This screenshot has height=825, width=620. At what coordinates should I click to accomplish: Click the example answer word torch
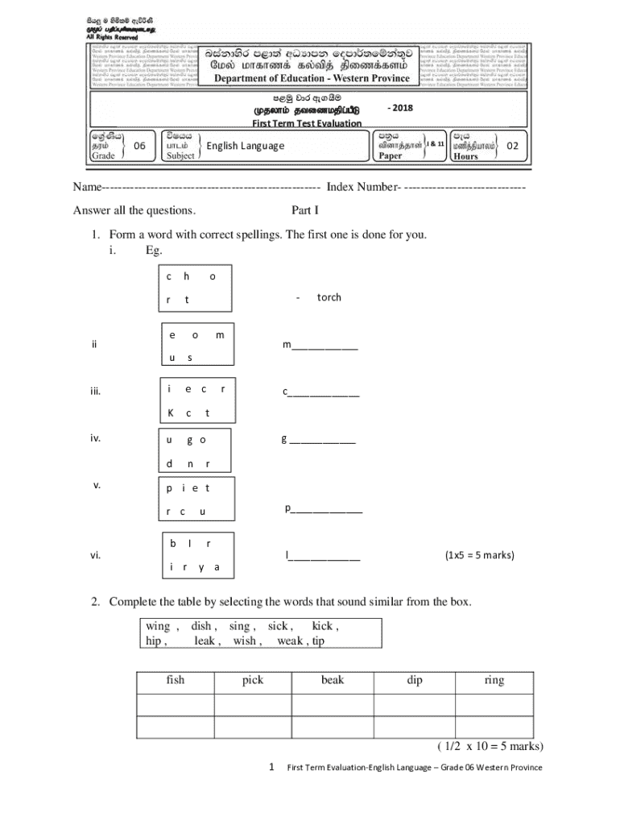329,297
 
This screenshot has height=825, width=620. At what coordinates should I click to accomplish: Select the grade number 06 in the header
139,146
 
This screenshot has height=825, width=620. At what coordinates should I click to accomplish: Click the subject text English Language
246,146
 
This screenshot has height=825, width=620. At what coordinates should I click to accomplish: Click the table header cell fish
175,680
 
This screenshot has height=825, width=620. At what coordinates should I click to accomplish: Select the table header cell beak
332,680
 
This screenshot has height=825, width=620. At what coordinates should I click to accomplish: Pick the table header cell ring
494,680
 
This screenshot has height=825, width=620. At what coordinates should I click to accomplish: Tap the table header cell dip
415,680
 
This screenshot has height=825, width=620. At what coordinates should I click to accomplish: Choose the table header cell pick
253,680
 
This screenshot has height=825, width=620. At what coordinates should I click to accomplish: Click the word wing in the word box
158,626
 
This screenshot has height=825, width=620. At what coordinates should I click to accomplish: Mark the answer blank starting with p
324,509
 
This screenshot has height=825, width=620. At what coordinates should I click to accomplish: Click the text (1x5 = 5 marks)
479,555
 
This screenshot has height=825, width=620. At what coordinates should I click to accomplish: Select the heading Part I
305,211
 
